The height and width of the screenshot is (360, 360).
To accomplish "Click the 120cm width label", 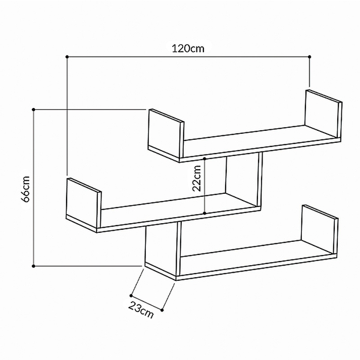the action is click(188, 48).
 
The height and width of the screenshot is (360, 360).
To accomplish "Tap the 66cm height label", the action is click(25, 189).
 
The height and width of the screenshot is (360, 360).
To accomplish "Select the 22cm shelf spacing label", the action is click(197, 178).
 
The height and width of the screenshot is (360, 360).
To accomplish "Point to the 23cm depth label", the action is click(140, 310).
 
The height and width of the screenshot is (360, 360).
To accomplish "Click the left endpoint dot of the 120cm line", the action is click(67, 57).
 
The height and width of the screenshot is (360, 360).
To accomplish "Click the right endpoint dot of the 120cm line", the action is click(310, 57).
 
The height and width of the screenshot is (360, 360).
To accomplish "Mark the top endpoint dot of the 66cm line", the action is click(33, 110).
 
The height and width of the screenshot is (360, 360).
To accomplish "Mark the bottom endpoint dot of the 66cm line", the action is click(33, 266).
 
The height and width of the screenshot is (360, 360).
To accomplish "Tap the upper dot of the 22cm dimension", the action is click(204, 159).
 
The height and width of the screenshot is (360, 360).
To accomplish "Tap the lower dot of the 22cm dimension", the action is click(204, 213).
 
